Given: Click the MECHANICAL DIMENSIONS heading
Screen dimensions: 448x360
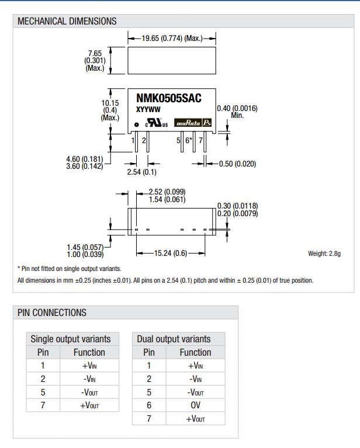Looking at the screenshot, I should click(67, 22).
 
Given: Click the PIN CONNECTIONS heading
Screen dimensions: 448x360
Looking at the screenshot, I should click(52, 312).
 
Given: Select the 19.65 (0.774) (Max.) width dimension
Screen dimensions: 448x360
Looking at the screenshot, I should click(172, 39).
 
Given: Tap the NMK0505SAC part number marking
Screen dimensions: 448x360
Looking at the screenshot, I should click(168, 99).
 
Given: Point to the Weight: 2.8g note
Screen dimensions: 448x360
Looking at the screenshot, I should click(324, 253).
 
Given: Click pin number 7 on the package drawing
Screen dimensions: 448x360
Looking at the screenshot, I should click(200, 140).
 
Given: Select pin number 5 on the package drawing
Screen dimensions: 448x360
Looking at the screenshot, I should click(179, 140).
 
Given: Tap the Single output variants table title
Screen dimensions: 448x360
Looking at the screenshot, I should click(70, 339).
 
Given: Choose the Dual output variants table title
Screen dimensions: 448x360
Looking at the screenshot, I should click(174, 339).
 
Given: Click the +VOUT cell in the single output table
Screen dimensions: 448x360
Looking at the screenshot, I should click(89, 405).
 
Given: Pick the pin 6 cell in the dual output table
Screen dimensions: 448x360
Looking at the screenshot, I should click(149, 405).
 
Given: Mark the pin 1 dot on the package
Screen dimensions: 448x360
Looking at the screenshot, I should click(136, 124).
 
